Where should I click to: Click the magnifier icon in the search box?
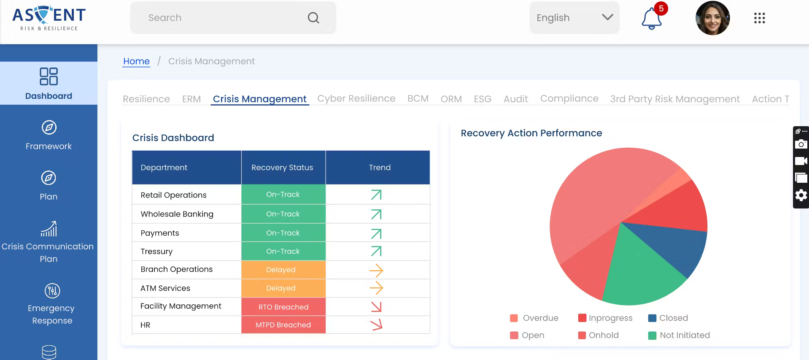coord(313,18)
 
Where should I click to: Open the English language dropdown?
coord(574,18)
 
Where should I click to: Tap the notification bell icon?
coord(651,19)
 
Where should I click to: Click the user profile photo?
coord(712,18)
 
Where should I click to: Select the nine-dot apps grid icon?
coord(759,18)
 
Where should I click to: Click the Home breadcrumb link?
coord(136,61)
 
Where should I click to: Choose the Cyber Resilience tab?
coord(356,99)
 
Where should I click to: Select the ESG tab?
coord(482,99)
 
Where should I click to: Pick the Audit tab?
coord(515,99)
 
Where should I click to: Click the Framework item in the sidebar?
coord(49,135)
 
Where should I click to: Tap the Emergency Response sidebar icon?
coord(52,291)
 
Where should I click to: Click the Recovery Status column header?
coord(282,168)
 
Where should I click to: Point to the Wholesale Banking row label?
coord(177,214)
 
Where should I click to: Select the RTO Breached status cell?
coord(283,307)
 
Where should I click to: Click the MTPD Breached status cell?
coord(283,325)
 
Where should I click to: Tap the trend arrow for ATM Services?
coord(376,288)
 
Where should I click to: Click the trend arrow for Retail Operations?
coord(376,195)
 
